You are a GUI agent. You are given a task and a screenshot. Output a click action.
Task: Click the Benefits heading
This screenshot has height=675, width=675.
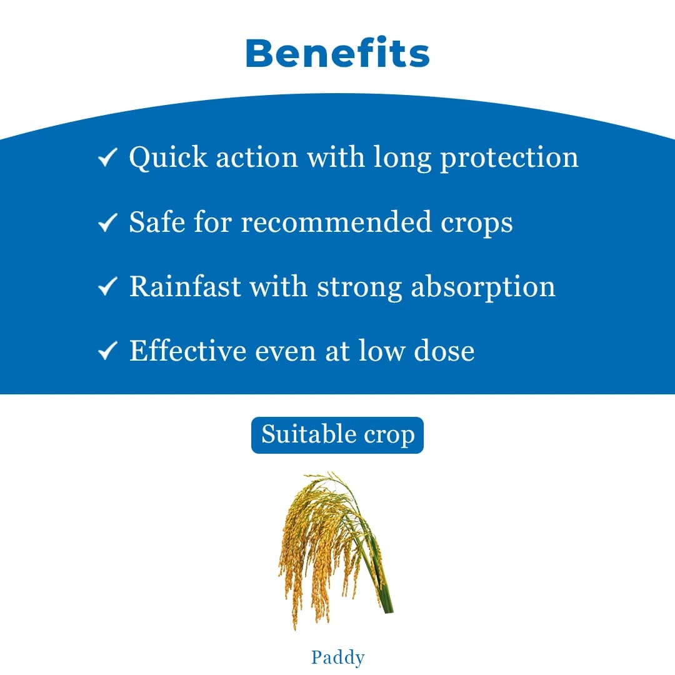pos(337,54)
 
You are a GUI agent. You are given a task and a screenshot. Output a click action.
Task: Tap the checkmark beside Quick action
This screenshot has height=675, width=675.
pos(108,158)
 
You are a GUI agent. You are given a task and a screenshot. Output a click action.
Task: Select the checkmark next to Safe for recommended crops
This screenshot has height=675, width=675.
pos(108,222)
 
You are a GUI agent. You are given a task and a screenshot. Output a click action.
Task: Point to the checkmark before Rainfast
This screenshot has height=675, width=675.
pos(108,287)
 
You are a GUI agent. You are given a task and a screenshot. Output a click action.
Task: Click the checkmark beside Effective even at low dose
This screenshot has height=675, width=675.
pos(108,351)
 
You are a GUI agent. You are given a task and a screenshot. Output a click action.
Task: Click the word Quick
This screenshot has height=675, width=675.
pos(168,157)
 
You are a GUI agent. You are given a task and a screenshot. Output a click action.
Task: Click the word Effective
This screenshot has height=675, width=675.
pos(187,351)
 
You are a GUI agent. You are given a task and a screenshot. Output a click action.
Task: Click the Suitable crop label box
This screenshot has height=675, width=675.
pos(337,435)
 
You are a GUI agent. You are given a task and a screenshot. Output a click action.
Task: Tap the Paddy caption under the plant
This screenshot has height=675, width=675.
pos(337,657)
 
